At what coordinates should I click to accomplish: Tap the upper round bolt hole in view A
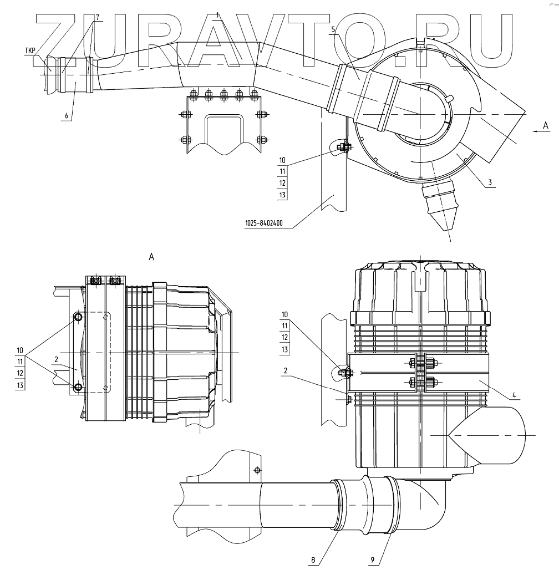(78, 317)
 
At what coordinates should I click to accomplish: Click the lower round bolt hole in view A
(78, 387)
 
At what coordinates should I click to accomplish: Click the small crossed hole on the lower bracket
(257, 470)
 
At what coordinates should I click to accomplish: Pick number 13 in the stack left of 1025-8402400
(282, 195)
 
